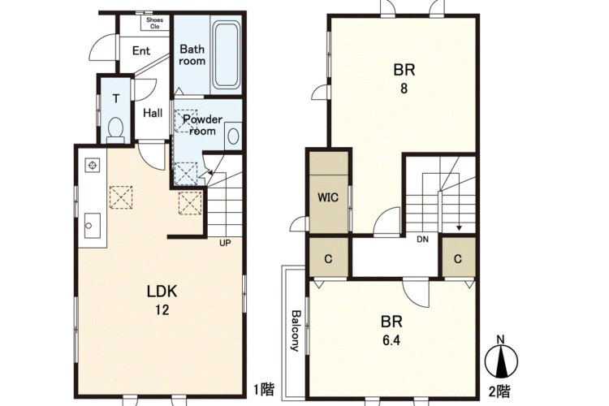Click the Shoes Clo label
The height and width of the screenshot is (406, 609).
[x=154, y=23]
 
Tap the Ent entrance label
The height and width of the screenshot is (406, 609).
[x=141, y=51]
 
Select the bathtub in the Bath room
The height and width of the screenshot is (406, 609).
[x=226, y=54]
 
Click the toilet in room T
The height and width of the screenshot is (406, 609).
[x=115, y=129]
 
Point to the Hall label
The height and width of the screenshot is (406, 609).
[x=153, y=113]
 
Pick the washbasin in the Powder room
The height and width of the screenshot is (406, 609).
[x=233, y=136]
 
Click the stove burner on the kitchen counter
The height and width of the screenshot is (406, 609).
[x=93, y=165]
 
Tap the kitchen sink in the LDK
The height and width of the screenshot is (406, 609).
[x=93, y=226]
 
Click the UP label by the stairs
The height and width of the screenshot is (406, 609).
[x=225, y=244]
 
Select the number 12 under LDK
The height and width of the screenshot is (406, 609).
[x=162, y=309]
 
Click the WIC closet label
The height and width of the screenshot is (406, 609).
[x=328, y=197]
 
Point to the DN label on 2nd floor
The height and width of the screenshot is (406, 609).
[x=422, y=240]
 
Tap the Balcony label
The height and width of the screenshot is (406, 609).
[x=296, y=330]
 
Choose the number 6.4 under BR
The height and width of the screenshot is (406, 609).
[x=391, y=340]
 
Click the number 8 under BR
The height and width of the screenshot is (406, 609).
[x=404, y=89]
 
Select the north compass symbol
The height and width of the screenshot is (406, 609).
[x=501, y=360]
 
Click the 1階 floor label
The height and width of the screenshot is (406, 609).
[x=264, y=389]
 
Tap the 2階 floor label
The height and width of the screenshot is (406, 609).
[x=499, y=391]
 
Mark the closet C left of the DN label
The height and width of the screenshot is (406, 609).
[x=328, y=258]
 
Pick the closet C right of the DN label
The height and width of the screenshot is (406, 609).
[x=458, y=258]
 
